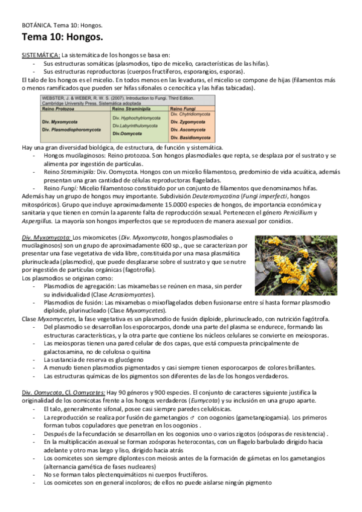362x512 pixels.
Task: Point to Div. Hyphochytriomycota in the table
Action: [141, 118]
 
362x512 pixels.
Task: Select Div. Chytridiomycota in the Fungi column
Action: [190, 114]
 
